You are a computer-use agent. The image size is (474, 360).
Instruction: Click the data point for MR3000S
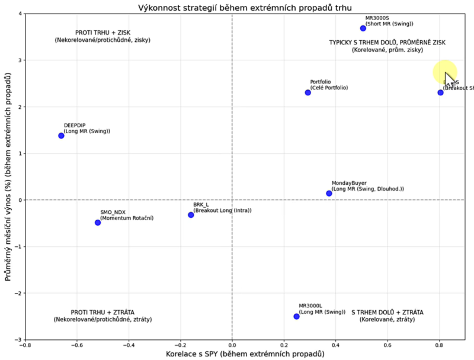click(363, 28)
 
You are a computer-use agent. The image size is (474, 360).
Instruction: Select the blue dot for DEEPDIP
click(61, 136)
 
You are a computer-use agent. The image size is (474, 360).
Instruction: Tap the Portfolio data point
click(308, 92)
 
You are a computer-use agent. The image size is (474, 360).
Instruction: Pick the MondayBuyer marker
click(329, 193)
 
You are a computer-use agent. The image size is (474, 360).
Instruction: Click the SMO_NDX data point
click(98, 223)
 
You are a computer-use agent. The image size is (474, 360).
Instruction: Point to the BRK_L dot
click(191, 215)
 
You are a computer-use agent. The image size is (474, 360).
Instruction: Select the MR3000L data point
click(296, 316)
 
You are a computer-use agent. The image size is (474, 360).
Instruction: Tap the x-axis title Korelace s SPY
click(245, 354)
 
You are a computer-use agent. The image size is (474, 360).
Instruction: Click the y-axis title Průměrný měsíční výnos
click(8, 176)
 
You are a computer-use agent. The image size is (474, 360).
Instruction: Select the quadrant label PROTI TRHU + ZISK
click(103, 33)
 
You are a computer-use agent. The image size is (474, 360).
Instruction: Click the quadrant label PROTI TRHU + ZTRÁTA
click(103, 312)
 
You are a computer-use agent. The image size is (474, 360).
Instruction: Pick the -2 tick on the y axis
click(17, 293)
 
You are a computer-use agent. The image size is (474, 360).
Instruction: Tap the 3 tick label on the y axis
click(19, 60)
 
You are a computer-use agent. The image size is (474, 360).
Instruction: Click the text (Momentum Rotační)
click(127, 218)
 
